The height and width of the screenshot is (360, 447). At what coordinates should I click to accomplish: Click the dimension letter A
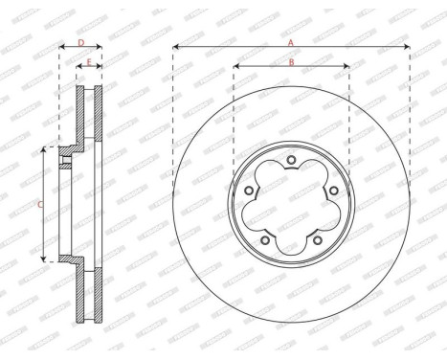tap(291, 43)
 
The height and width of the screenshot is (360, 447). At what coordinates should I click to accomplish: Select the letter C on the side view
tap(38, 205)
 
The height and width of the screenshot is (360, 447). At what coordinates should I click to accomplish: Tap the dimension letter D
tap(81, 43)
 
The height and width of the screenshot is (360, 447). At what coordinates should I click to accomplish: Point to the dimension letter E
tap(90, 63)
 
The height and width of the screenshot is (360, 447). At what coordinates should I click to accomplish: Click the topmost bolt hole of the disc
tap(291, 157)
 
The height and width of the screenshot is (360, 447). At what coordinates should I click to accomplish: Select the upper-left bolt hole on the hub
tap(249, 189)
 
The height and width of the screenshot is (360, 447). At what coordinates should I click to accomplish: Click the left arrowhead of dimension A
tap(176, 48)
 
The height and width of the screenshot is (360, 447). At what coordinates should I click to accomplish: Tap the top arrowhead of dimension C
tap(44, 149)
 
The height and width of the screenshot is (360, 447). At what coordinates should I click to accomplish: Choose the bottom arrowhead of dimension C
tap(44, 259)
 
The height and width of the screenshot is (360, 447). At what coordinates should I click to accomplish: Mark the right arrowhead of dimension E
tap(101, 68)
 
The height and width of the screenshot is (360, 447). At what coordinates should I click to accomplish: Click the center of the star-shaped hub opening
tap(291, 204)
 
